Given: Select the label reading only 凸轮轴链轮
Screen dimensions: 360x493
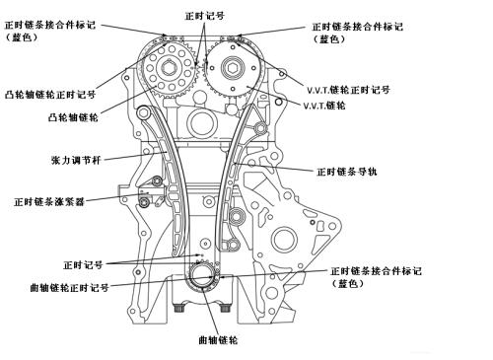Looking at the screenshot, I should point(72,116).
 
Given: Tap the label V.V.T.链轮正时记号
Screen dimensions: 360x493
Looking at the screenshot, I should point(346,88).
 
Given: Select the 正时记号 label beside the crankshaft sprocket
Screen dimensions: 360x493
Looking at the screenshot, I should point(83,265).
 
